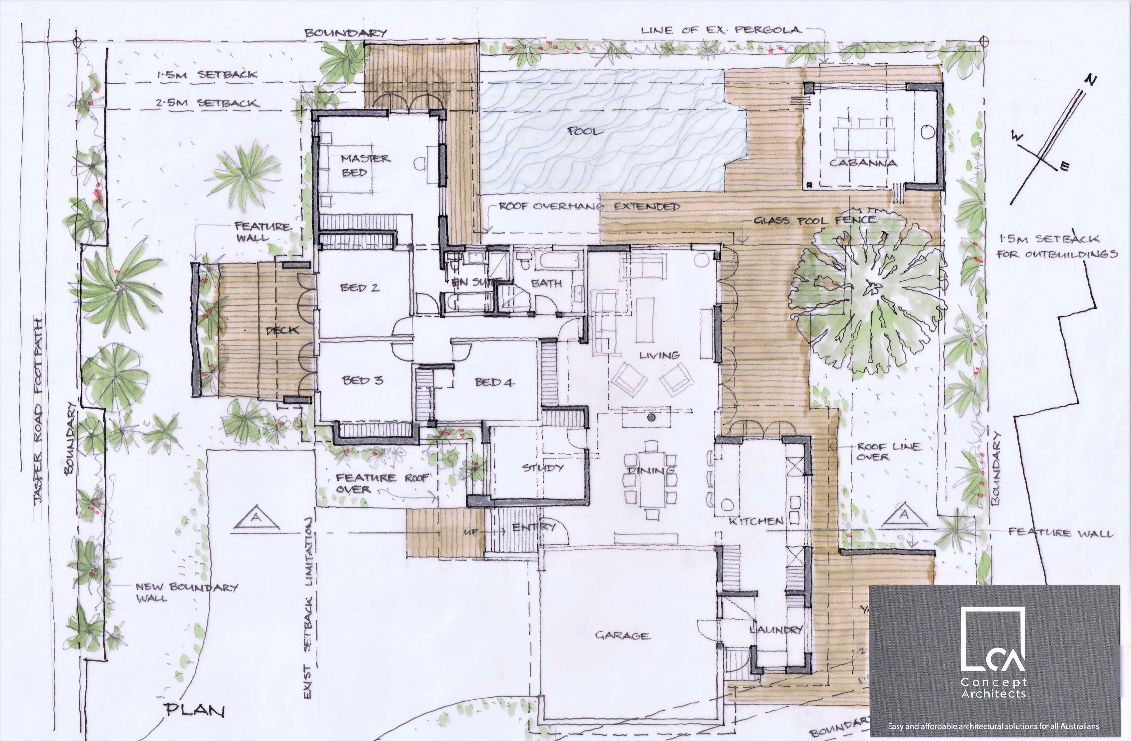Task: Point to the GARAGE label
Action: pos(622,636)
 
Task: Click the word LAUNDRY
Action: pos(776,630)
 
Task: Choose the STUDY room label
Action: pos(543,468)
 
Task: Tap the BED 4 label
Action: pos(494,382)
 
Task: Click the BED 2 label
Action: pos(360,287)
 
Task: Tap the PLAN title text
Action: pos(195,710)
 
